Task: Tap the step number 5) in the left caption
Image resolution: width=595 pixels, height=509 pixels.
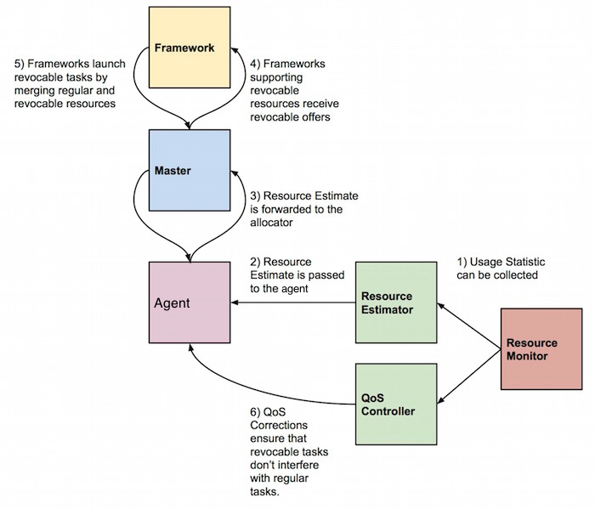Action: [x=20, y=63]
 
